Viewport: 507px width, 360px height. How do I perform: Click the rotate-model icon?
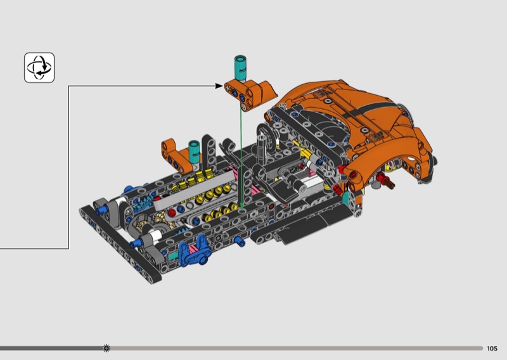click(x=39, y=68)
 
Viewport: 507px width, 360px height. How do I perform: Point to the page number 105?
click(x=492, y=349)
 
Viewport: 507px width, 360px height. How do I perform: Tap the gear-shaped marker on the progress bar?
click(x=106, y=348)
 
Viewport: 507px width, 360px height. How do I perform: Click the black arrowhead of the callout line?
click(x=219, y=86)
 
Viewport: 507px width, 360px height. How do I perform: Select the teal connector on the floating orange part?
click(x=240, y=68)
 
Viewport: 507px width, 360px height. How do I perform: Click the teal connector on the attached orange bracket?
click(x=194, y=152)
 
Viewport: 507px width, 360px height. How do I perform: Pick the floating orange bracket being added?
click(x=250, y=94)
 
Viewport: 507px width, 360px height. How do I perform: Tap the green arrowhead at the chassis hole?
click(x=241, y=207)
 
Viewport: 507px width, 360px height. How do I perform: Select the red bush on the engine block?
click(x=172, y=212)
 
